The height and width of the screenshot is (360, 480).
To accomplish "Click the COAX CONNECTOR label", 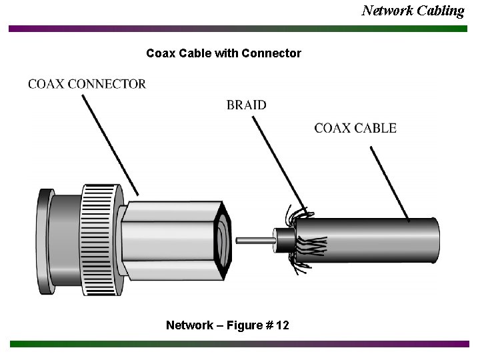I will coord(87,84).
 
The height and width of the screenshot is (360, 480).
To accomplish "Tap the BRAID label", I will coord(246,105).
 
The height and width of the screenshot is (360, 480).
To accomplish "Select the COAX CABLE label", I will coord(355,128).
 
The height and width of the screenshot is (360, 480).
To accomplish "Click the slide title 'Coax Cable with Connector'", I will coord(223,53).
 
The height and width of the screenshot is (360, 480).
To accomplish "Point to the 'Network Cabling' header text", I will coord(413,10).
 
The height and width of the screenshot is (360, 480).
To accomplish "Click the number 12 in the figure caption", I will coord(283,325).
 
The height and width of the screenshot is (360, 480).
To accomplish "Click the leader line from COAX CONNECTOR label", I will coord(110,144).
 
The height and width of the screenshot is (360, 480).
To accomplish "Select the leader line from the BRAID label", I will coord(277,160).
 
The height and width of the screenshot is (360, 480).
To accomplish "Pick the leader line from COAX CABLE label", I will coord(390,184).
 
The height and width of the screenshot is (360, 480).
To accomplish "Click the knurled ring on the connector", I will coord(100,240).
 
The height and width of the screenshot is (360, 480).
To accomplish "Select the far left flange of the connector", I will coord(44,241).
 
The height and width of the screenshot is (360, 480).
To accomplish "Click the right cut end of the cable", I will coord(435,241).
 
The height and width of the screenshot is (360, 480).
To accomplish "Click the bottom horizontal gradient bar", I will coord(239,344).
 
